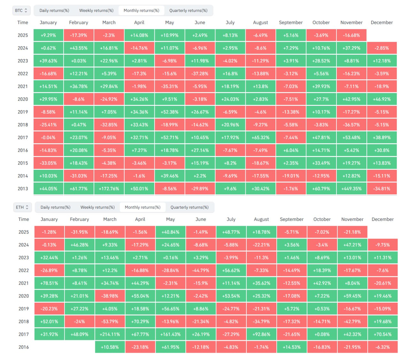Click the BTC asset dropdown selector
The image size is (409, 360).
click(21, 11)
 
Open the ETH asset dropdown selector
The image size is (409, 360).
click(22, 207)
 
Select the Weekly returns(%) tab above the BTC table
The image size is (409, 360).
click(96, 11)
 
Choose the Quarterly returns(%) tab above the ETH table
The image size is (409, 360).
click(189, 207)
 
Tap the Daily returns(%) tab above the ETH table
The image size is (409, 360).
click(55, 207)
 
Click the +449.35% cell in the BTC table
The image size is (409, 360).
click(351, 189)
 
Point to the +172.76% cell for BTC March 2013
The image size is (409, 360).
click(109, 189)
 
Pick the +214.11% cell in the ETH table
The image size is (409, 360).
click(110, 334)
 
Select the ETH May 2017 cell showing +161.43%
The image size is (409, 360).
click(171, 334)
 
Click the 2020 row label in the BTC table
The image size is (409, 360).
click(23, 99)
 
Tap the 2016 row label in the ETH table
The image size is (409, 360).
click(24, 347)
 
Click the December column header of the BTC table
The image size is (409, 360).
click(382, 22)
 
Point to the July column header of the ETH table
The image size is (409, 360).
click(231, 219)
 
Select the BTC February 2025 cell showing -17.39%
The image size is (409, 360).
click(79, 35)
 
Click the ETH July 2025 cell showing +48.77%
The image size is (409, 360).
click(231, 232)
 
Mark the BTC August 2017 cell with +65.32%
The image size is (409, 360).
click(260, 137)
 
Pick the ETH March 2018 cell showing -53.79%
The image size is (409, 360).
click(110, 322)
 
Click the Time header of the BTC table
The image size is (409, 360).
click(23, 22)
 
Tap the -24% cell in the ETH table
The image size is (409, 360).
click(80, 322)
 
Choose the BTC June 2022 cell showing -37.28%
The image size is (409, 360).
click(200, 74)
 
